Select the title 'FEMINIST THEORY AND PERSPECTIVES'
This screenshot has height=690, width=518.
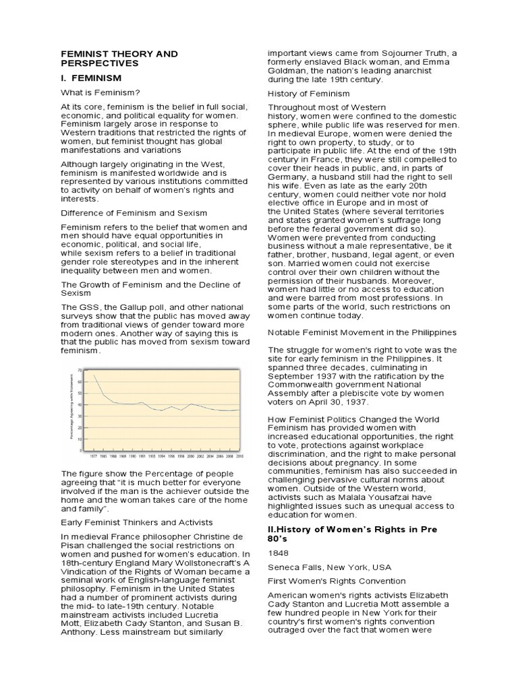click(x=119, y=58)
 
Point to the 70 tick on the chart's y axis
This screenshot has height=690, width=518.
click(x=80, y=371)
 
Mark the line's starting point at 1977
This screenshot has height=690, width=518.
click(x=93, y=375)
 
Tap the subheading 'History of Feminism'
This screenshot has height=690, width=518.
click(x=309, y=93)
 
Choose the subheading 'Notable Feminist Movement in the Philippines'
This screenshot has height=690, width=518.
click(x=362, y=332)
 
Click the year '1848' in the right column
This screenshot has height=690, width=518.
click(x=278, y=553)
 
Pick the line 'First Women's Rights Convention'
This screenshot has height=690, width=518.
click(x=337, y=581)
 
